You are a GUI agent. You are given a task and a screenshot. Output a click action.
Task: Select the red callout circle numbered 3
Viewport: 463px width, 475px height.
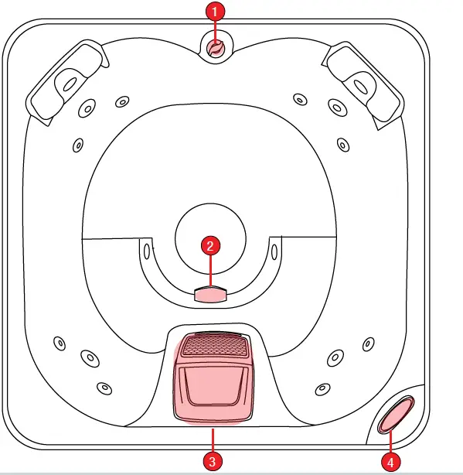pos(211,462)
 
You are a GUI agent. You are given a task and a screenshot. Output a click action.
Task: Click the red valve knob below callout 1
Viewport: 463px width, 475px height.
pos(216,47)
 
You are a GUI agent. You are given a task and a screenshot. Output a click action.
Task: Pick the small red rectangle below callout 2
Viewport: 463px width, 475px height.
pos(211,294)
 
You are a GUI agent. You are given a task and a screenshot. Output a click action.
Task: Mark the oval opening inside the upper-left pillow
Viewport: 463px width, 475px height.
pos(69,81)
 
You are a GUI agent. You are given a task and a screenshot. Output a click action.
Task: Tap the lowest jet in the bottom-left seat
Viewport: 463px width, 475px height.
pos(100,388)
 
